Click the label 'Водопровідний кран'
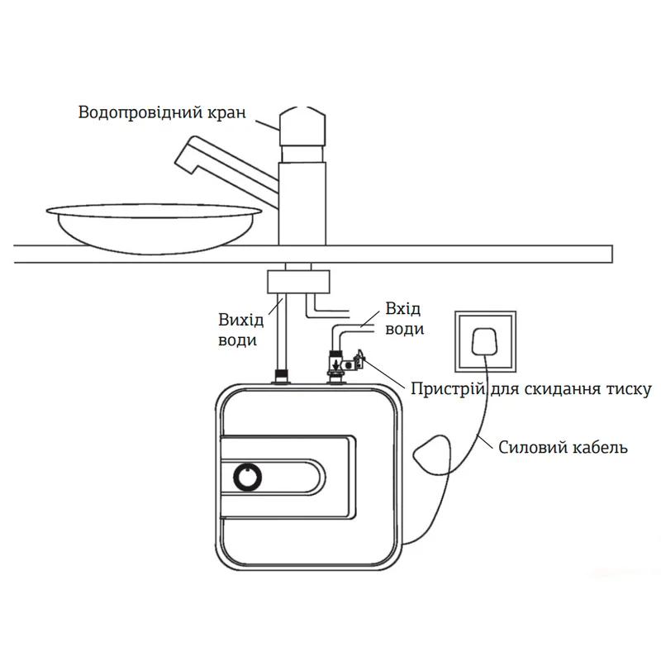tap(162, 112)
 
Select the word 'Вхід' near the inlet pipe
tap(404, 309)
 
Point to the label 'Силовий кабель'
tap(564, 448)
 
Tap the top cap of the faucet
tap(305, 124)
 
